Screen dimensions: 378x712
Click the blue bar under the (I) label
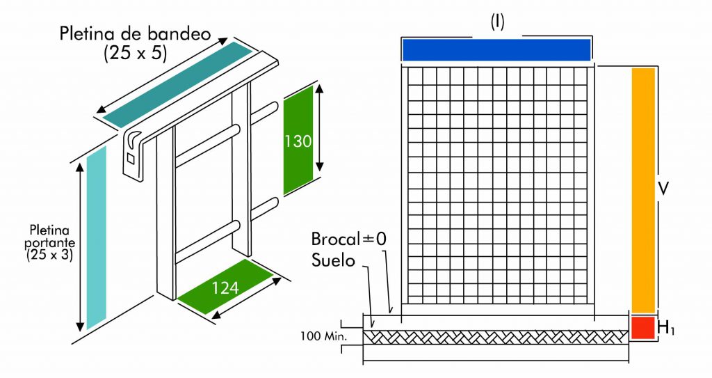point(496,50)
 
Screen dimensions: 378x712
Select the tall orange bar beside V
point(643,190)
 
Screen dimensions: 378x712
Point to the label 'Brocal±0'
point(348,239)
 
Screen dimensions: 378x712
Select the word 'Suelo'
point(334,260)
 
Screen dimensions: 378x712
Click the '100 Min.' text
point(322,337)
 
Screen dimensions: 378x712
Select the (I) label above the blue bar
point(496,22)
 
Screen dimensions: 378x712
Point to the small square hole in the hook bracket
point(131,159)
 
